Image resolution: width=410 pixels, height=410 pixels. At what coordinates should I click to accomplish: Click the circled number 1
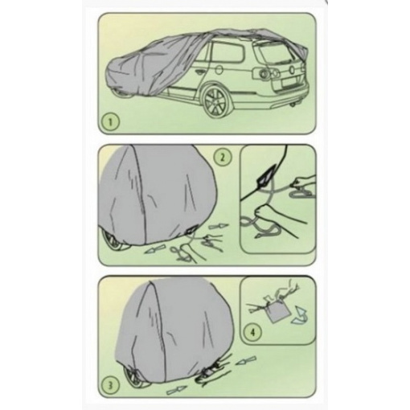[110, 122]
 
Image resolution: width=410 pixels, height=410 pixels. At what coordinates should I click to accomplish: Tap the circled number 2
[223, 158]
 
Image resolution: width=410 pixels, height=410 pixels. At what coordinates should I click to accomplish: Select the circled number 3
[110, 386]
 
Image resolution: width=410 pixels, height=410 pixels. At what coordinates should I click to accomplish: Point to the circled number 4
[252, 332]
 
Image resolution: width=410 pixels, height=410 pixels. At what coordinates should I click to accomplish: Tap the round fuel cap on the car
[219, 71]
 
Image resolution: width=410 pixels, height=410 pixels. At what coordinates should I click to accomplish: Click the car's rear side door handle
[199, 72]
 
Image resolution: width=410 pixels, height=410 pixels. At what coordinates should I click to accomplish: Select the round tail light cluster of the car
[266, 72]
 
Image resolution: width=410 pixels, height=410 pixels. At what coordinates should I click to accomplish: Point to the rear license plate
[289, 83]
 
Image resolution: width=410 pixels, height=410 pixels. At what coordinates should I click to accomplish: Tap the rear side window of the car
[228, 55]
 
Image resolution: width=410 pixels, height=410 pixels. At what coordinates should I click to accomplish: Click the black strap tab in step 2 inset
[268, 174]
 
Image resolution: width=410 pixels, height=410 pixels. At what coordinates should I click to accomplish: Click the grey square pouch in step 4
[278, 313]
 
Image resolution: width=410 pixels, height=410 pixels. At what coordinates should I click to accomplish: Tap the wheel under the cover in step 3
[134, 376]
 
